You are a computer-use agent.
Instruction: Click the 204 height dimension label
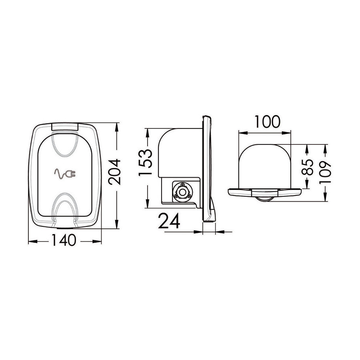114,172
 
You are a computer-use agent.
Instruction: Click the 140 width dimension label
63,240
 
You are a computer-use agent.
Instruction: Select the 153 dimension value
146,162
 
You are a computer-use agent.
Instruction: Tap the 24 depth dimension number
169,221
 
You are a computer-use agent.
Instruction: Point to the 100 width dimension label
268,122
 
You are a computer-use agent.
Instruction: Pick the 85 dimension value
308,167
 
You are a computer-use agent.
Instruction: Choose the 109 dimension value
325,172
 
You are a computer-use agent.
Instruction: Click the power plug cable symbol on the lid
65,174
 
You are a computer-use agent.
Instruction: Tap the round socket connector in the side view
182,192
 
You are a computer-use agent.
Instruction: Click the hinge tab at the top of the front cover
65,127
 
